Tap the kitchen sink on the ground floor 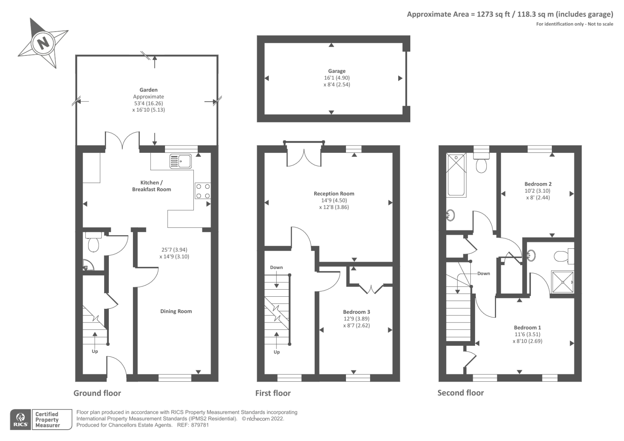click(x=181, y=161)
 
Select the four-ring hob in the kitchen click(x=203, y=191)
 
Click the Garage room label click(x=337, y=71)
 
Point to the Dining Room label click(x=176, y=311)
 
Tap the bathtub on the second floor click(x=456, y=175)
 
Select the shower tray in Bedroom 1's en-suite click(x=562, y=282)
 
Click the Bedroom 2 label click(x=538, y=184)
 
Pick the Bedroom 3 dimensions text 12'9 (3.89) click(x=356, y=319)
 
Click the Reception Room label click(x=334, y=193)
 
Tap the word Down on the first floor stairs click(x=276, y=267)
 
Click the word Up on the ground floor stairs click(x=95, y=351)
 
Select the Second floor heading click(x=460, y=393)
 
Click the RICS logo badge click(x=20, y=420)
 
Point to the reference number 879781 click(x=200, y=425)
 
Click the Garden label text click(x=148, y=90)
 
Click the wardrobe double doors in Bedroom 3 click(x=371, y=289)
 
